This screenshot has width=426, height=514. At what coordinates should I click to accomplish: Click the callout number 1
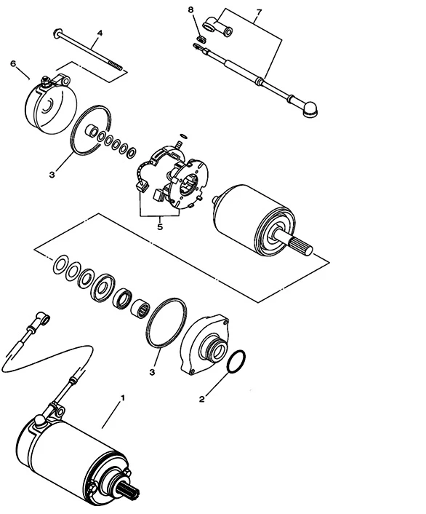point(123,398)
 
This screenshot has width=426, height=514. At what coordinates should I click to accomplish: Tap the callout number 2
point(201,399)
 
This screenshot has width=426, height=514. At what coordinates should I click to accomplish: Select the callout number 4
point(100,33)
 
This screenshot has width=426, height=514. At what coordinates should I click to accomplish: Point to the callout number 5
point(160,226)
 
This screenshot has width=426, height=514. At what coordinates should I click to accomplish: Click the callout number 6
point(13,63)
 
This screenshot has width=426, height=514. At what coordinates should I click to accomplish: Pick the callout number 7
point(259,12)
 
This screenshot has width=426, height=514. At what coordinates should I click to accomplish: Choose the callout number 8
point(191,9)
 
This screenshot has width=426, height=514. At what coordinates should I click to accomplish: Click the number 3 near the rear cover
point(52,175)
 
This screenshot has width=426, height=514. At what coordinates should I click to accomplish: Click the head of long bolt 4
point(57,33)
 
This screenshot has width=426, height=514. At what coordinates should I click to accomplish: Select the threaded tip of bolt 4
point(116,66)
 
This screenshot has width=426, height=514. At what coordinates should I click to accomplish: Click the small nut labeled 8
point(201,39)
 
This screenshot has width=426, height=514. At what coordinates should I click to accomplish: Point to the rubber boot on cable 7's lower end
point(310,109)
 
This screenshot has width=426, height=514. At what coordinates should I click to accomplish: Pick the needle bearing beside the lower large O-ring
point(140,309)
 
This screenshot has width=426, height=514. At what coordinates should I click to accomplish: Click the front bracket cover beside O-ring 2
point(205,344)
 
